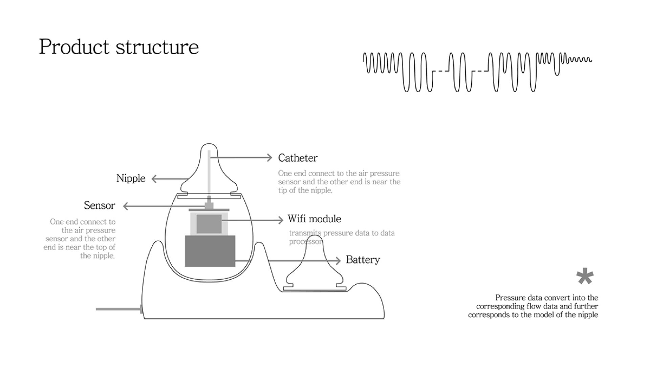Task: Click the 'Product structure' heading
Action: click(x=119, y=47)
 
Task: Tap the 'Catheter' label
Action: click(x=298, y=158)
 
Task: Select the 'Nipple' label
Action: click(x=131, y=178)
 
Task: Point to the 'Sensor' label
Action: click(x=100, y=205)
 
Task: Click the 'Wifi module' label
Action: click(x=315, y=219)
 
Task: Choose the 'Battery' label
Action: click(x=363, y=260)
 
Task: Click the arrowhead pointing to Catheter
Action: click(x=269, y=158)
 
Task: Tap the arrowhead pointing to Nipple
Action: click(x=154, y=179)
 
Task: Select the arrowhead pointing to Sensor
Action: click(x=126, y=206)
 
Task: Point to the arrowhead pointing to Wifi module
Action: click(x=281, y=220)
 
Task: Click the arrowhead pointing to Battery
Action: click(x=338, y=261)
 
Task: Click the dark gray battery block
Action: click(x=210, y=251)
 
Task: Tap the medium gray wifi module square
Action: click(x=209, y=224)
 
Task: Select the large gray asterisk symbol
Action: click(x=585, y=277)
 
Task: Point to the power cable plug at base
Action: click(x=141, y=309)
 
